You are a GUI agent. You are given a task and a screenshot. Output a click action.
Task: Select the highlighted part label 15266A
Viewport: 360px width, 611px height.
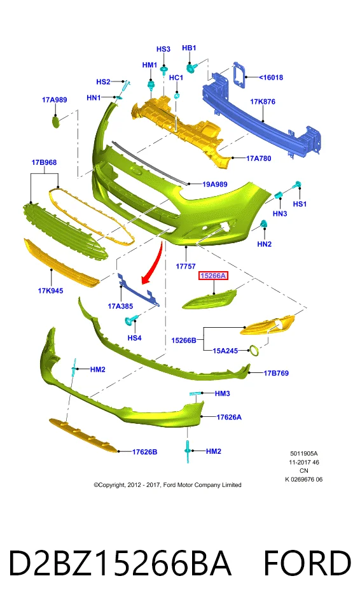point(213,276)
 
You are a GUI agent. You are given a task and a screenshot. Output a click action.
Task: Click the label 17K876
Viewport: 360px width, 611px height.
point(263,102)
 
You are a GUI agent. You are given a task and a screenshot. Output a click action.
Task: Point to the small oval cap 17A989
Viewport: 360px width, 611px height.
point(56,122)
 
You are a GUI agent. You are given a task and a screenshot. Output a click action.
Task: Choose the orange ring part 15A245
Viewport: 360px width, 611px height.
point(254,351)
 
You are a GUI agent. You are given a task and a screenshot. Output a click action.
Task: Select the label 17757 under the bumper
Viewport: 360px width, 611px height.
point(186,267)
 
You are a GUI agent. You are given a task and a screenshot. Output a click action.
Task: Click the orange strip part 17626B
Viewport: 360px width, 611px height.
point(83,435)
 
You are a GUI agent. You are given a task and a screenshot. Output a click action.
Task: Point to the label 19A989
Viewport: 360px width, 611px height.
point(215,184)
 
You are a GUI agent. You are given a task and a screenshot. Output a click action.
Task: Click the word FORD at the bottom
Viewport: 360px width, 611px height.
point(307,563)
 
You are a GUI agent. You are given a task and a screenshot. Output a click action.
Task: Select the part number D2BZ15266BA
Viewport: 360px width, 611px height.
point(120,563)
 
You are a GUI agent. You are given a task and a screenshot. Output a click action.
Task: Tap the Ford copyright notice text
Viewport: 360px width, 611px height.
point(167,485)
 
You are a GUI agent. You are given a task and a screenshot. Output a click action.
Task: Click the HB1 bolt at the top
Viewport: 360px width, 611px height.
point(191,68)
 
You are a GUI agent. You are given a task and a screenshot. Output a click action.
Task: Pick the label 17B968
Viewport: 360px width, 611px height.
point(44,162)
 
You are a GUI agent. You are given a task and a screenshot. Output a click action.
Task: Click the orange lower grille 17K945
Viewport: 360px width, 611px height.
point(62,262)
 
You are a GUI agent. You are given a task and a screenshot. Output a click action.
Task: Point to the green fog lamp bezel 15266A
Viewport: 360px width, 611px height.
point(209,299)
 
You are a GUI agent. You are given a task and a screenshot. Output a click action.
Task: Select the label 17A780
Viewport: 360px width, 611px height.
point(259,158)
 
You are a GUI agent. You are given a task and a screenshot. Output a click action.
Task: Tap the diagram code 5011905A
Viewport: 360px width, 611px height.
point(304,454)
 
